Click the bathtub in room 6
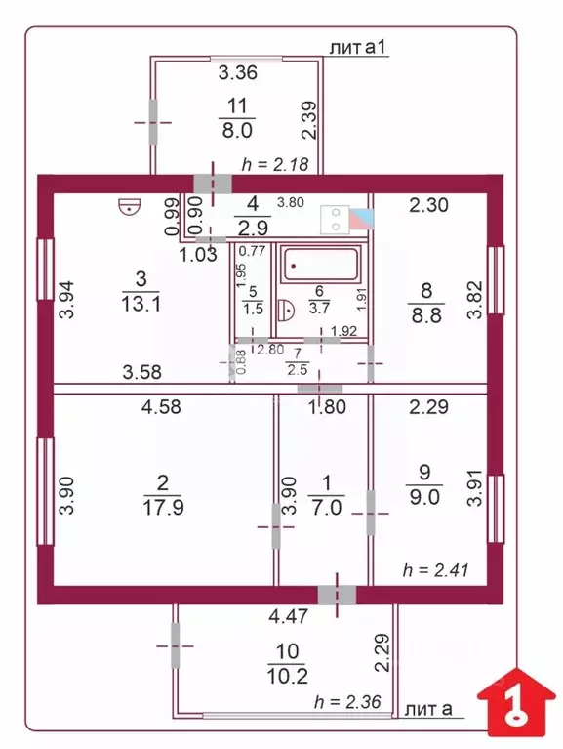tap(320, 264)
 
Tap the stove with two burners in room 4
tap(335, 220)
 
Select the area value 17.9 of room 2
tap(163, 507)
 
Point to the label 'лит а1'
tap(358, 47)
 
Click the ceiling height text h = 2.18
tap(275, 164)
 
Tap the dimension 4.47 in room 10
tap(288, 616)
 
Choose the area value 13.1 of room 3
tap(141, 304)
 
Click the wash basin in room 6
tap(286, 309)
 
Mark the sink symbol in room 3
tap(130, 207)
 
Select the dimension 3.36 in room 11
tap(238, 72)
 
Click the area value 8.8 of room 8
tap(426, 315)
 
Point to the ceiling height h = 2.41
tap(435, 570)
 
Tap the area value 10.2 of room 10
tap(286, 676)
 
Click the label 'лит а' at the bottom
tap(428, 709)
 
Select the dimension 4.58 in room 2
tap(161, 406)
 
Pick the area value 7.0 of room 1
tap(326, 507)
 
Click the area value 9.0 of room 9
tap(424, 497)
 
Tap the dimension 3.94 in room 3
tap(66, 300)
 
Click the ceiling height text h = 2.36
tap(347, 702)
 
